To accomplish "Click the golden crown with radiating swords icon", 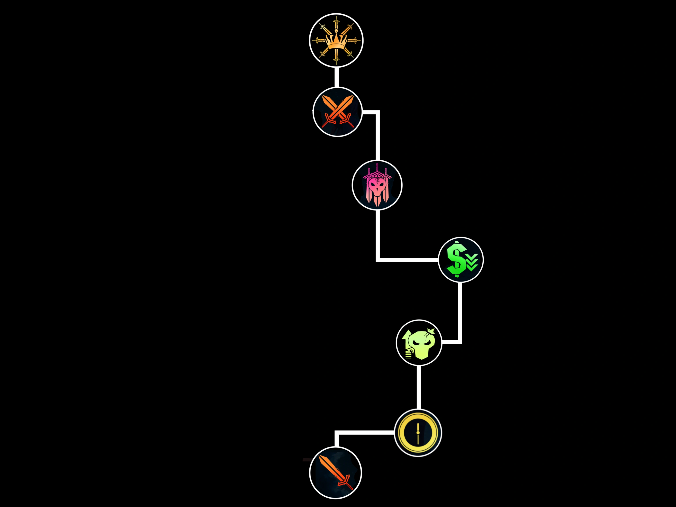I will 336,40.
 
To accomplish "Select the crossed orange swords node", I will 337,112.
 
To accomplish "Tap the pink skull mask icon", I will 377,185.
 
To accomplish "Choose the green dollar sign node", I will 461,259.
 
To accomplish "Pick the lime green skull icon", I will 419,343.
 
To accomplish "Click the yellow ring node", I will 418,432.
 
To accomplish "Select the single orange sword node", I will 336,473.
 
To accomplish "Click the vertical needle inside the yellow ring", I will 418,432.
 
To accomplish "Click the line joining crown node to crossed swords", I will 336,77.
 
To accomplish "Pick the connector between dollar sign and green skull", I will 460,315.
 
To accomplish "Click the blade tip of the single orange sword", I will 320,457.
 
